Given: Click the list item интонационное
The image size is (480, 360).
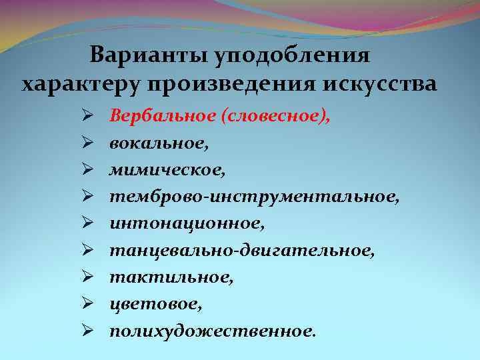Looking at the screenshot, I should [x=187, y=223].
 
